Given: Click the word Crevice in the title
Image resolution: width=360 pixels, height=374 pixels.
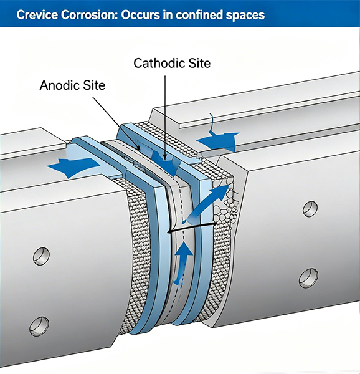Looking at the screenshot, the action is coord(37,15).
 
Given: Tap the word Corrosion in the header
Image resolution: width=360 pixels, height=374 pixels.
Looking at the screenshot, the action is coord(89,15).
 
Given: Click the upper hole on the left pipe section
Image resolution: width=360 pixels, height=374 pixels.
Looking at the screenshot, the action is coord(42,256).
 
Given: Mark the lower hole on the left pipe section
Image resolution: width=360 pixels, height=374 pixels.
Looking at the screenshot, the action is coord(39,326).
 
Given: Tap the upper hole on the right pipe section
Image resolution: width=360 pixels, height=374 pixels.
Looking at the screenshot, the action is coord(310,209).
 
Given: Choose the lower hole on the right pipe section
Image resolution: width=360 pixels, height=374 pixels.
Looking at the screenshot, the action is coord(308,278).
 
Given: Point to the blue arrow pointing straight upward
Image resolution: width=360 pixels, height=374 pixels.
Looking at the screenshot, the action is coord(182,262).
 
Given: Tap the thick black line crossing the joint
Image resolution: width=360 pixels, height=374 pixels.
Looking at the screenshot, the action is coord(192,228).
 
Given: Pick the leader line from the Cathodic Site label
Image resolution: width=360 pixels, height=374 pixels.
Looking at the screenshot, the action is coord(165,118).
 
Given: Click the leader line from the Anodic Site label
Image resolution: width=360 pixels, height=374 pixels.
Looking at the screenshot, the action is coord(116,123).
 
